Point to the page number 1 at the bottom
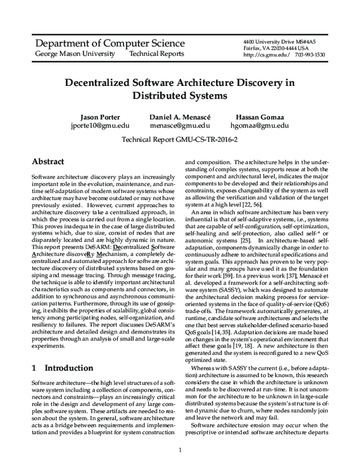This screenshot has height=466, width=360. pyautogui.click(x=180, y=450)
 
